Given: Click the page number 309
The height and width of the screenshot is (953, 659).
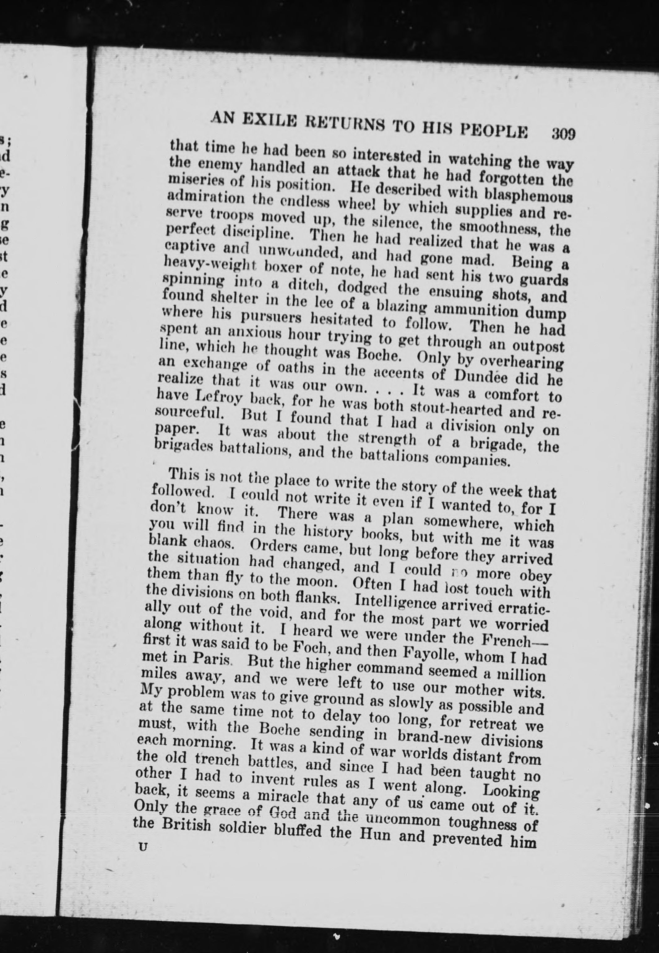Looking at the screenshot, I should click(x=563, y=134).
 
